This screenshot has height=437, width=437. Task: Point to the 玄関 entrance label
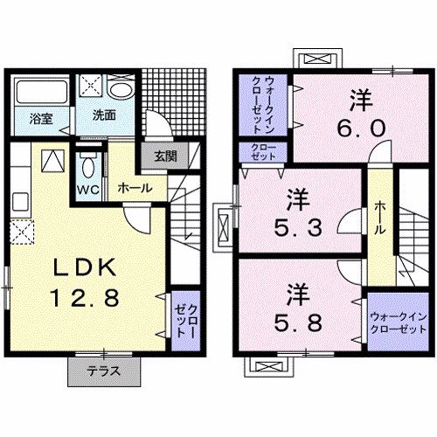click(166, 156)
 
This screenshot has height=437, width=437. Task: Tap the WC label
click(87, 190)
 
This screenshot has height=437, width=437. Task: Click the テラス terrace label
click(104, 371)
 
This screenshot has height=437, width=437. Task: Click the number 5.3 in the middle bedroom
click(298, 230)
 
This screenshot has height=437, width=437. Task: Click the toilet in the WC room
click(87, 167)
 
